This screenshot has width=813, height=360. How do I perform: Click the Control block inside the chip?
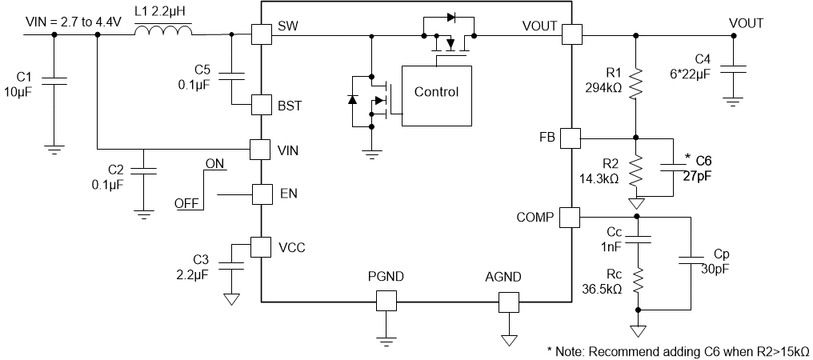coord(436,92)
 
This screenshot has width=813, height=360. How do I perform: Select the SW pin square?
coord(262,34)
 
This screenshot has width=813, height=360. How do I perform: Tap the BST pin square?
coord(262,105)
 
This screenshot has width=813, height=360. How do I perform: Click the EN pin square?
coord(262,194)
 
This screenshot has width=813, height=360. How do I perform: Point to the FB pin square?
coord(571,137)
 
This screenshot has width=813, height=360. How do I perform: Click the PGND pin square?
coord(386,301)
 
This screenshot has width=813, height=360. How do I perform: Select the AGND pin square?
coord(508,301)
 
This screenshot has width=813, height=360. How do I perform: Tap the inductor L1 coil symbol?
coord(163,31)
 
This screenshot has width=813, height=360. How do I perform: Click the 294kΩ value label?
coord(604,88)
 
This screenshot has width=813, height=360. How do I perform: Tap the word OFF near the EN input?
coord(186,204)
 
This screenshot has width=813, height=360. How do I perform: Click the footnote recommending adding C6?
coord(678,350)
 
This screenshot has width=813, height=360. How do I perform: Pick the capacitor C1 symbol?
coord(53,79)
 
